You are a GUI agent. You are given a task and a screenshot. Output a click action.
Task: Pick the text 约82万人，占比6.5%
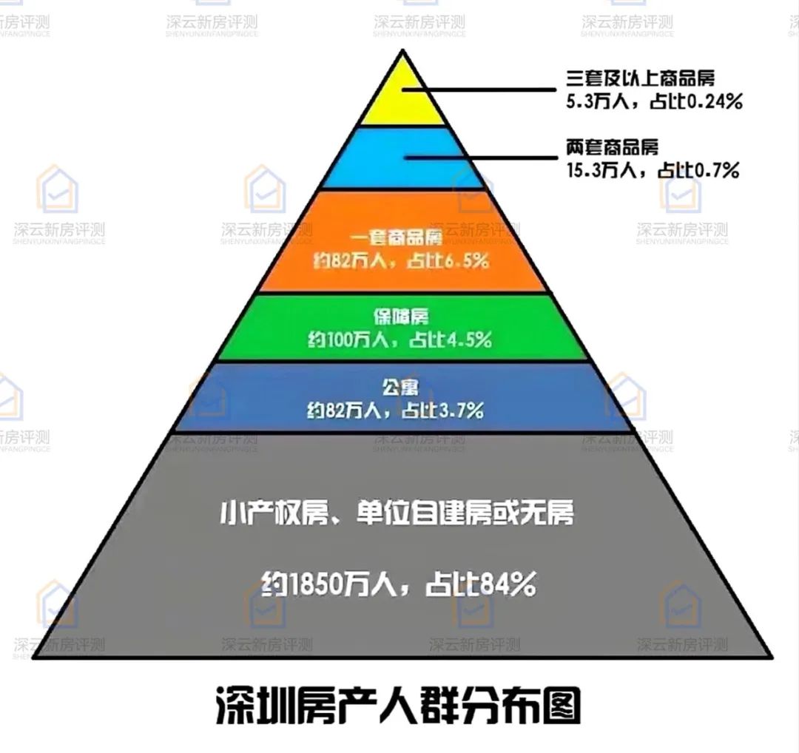tap(399, 261)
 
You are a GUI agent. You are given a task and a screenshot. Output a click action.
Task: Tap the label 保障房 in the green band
tap(400, 317)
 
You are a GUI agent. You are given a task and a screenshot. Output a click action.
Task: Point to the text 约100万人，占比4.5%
tap(399, 340)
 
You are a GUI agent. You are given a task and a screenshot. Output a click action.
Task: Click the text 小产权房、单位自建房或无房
tap(397, 514)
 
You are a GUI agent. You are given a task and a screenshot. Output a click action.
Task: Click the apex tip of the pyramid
tap(402, 51)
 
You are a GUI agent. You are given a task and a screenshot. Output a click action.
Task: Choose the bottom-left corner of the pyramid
tap(34, 658)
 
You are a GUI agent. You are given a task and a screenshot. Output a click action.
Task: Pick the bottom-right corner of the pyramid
tap(772, 658)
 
